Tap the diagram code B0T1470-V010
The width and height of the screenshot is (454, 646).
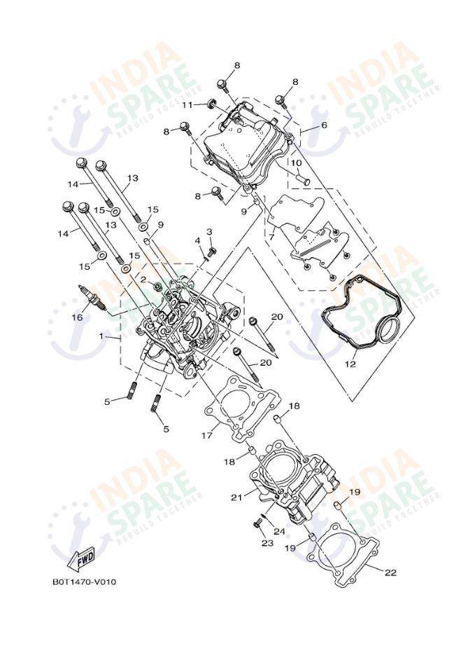(x=84, y=582)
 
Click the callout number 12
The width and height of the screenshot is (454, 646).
(x=350, y=364)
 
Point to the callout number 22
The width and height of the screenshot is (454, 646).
(x=390, y=572)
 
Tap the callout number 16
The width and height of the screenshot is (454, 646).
(x=77, y=317)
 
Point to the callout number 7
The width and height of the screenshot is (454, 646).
(x=272, y=237)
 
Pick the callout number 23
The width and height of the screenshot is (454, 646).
(x=267, y=543)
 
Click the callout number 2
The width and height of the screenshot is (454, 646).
(x=142, y=279)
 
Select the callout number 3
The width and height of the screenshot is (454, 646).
(x=208, y=232)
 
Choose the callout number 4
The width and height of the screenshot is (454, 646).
(x=197, y=240)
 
